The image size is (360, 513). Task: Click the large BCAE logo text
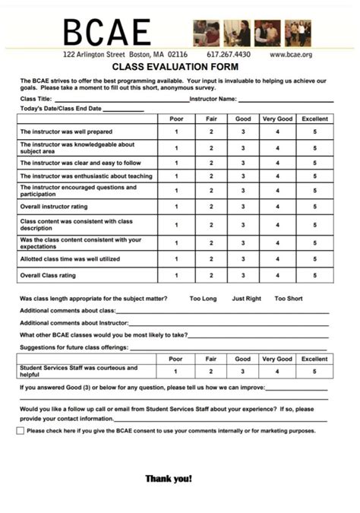(106, 33)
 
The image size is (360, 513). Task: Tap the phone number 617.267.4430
(228, 55)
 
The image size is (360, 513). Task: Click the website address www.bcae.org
(291, 55)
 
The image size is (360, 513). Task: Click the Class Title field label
(36, 99)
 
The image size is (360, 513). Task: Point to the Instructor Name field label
(213, 99)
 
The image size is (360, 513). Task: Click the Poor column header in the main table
(176, 119)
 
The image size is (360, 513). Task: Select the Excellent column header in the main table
(314, 119)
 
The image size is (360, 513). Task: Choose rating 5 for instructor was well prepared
(314, 132)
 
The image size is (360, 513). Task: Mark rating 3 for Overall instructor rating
(243, 206)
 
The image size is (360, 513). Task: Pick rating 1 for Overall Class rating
(176, 275)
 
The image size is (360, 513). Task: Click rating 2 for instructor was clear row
(211, 163)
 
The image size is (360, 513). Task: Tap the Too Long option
(203, 299)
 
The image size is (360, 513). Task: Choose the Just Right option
(246, 299)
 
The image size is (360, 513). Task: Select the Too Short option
(289, 299)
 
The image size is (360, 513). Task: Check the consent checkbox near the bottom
(21, 431)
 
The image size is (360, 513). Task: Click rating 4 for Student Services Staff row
(277, 372)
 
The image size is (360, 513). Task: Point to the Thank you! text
(169, 479)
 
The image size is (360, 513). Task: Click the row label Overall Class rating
(48, 275)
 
